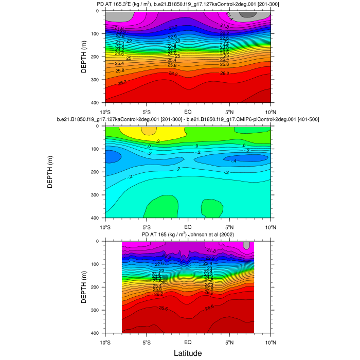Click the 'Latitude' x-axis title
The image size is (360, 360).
pos(187,353)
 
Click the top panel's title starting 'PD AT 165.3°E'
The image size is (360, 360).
pos(188,5)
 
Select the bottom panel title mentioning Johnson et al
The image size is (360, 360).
pos(188,235)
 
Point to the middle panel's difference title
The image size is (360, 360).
pos(188,120)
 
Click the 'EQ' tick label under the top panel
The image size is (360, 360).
pos(188,111)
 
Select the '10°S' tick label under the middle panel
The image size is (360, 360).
pos(105,226)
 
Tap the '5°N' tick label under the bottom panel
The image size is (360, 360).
pos(229,341)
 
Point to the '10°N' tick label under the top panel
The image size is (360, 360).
pos(271,111)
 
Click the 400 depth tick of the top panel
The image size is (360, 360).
pos(96,103)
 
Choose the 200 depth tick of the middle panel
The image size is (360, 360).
pos(96,172)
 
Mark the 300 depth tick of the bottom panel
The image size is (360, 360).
pos(96,310)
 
